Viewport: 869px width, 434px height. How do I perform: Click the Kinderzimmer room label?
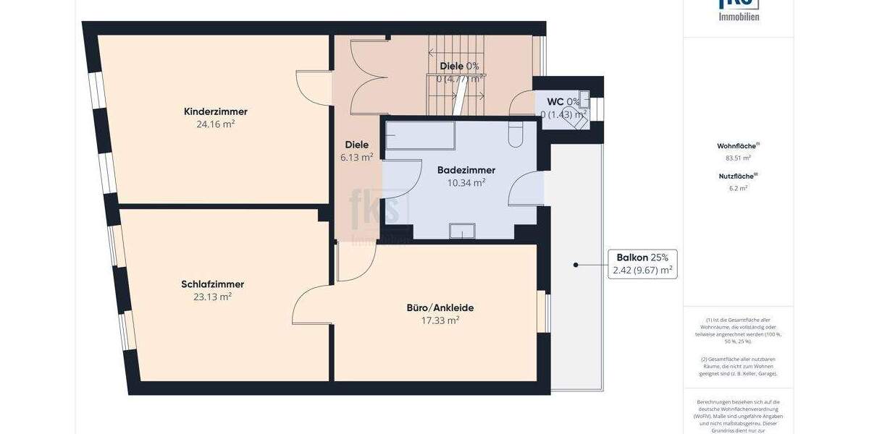click(215, 111)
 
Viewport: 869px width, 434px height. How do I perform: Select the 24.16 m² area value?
click(215, 124)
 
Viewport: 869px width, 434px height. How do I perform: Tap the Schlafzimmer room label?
click(212, 284)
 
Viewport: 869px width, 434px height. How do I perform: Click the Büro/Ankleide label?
click(440, 307)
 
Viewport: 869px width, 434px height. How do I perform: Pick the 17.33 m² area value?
click(440, 320)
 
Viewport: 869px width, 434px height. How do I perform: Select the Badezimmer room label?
click(466, 170)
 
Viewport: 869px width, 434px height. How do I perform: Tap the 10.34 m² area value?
click(466, 182)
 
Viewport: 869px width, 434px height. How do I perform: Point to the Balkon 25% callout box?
click(642, 264)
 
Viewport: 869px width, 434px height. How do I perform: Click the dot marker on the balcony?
click(576, 265)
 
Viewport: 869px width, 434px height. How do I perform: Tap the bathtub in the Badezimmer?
click(420, 135)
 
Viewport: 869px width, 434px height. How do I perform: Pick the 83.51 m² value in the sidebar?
click(738, 158)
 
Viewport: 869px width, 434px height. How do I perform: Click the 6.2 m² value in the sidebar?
click(738, 187)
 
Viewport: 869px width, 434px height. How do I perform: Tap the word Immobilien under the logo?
click(739, 17)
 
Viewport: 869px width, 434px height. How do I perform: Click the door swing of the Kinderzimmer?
click(311, 86)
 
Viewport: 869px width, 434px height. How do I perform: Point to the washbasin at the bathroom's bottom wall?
click(462, 231)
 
